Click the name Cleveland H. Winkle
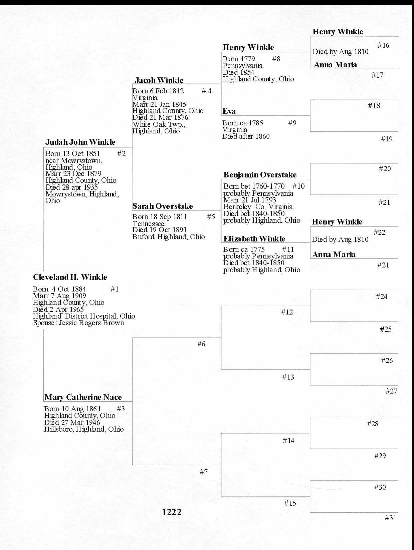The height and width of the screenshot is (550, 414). click(70, 277)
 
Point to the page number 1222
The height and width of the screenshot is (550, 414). click(172, 512)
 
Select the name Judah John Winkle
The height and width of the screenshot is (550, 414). click(80, 142)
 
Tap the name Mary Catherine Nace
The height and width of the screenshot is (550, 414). click(83, 397)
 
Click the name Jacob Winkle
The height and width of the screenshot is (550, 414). click(159, 80)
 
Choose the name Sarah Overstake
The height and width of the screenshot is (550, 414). click(162, 206)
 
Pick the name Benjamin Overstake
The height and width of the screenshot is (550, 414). click(260, 175)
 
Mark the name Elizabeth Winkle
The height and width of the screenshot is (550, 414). click(254, 239)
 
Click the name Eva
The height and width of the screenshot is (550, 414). click(229, 111)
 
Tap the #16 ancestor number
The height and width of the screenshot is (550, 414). click(383, 45)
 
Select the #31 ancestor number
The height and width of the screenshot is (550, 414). click(390, 518)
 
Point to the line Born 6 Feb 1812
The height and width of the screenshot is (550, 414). click(158, 91)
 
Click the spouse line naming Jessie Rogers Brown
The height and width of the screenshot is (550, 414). click(78, 323)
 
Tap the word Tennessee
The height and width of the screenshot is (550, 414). click(148, 223)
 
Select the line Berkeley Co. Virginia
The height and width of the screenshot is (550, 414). click(258, 207)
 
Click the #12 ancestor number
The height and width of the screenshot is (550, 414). click(287, 312)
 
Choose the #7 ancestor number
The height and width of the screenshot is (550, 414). click(204, 472)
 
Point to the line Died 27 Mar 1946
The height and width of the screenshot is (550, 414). click(72, 422)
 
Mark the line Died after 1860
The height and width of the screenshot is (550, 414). click(246, 136)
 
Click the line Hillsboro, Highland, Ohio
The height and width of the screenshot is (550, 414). click(84, 429)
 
